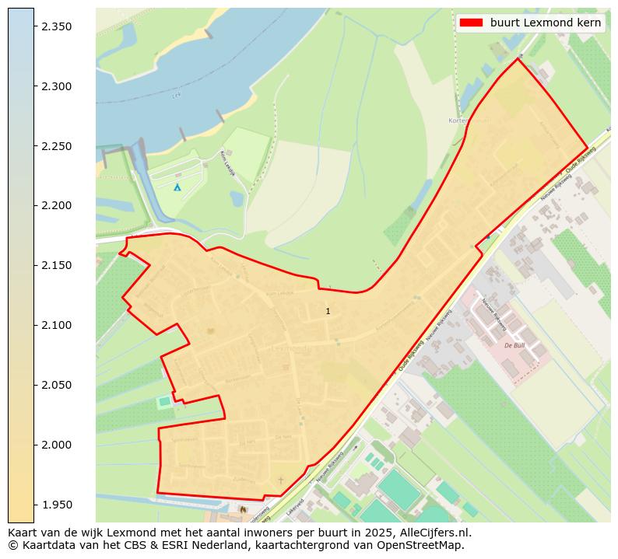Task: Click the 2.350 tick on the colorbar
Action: [x=56, y=26]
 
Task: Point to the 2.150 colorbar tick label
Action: [x=56, y=266]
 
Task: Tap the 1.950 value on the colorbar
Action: [x=56, y=505]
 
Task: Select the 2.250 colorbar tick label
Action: [x=56, y=146]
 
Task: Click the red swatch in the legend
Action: [x=471, y=23]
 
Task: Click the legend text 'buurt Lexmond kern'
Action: [x=546, y=23]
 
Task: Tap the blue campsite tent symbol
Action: [x=177, y=187]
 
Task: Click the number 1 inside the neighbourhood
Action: [x=328, y=311]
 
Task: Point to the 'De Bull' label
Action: [x=514, y=345]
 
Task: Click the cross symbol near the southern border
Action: [x=281, y=480]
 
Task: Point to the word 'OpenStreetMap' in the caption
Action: [x=424, y=545]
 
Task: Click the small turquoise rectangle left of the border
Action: [x=164, y=401]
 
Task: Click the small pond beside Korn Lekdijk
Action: [x=237, y=199]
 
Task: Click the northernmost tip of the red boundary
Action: [x=518, y=59]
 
